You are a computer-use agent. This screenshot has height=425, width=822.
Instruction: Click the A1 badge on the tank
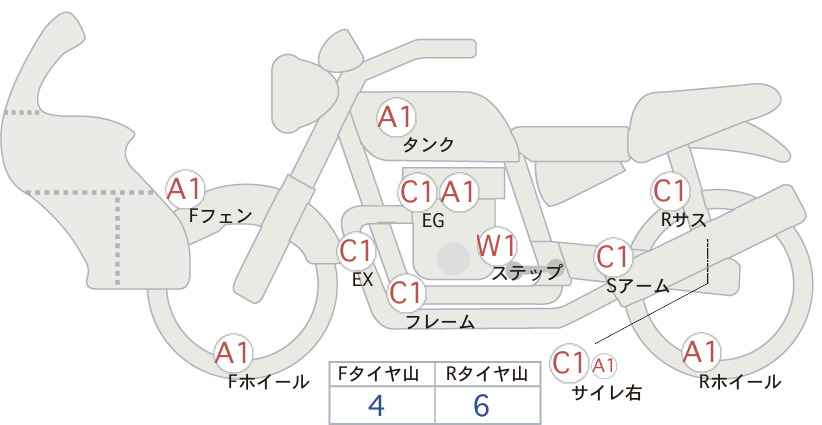(396, 116)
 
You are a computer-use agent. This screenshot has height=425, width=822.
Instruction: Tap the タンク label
(428, 145)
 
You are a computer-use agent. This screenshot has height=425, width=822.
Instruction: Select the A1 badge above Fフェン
(185, 187)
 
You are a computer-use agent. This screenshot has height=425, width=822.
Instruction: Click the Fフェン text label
(220, 214)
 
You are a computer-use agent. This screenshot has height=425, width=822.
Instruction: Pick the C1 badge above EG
(417, 192)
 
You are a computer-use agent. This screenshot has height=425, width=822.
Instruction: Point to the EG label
(433, 220)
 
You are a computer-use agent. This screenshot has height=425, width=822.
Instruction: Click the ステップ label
(527, 272)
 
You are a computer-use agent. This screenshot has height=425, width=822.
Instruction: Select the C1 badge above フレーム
(406, 294)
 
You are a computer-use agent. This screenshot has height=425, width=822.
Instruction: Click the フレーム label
(440, 322)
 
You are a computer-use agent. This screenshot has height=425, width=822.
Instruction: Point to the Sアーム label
(637, 285)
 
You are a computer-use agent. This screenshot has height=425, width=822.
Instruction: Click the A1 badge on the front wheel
(234, 353)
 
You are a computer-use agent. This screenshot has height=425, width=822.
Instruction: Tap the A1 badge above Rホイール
(700, 352)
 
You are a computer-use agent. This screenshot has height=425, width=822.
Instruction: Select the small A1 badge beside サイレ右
(605, 365)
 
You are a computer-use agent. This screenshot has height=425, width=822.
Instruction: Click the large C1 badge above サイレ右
(570, 362)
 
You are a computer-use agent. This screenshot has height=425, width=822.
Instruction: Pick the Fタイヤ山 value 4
(376, 405)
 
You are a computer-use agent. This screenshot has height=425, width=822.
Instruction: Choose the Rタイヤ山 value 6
(482, 405)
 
